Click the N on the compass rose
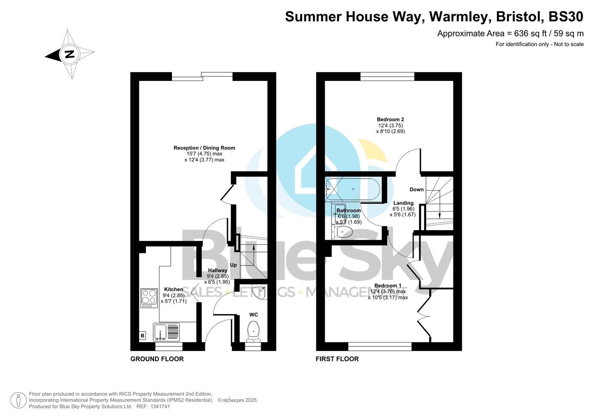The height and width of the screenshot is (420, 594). [x=70, y=54]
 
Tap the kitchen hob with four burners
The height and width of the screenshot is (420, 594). [x=149, y=298]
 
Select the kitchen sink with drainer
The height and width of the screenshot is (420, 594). [x=166, y=332]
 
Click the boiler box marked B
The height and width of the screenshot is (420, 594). [x=142, y=336]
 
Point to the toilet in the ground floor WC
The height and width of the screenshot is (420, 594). [x=253, y=331]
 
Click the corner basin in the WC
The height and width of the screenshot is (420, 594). [x=260, y=292]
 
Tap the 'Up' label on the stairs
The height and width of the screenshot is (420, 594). [x=233, y=265]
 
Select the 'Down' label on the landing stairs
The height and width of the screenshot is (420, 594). [x=416, y=189]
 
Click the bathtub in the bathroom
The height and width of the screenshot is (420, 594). [x=352, y=189]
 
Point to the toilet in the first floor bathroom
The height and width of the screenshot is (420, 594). [x=343, y=233]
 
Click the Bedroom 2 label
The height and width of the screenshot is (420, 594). [x=390, y=119]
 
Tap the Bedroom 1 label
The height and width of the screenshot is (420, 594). [x=388, y=285]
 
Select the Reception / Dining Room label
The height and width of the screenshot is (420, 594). [x=204, y=148]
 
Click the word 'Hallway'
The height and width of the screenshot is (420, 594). [x=217, y=270]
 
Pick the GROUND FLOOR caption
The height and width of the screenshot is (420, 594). [x=157, y=359]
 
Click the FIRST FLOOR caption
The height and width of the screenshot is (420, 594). [x=337, y=359]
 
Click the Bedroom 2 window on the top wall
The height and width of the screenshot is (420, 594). [x=387, y=77]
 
